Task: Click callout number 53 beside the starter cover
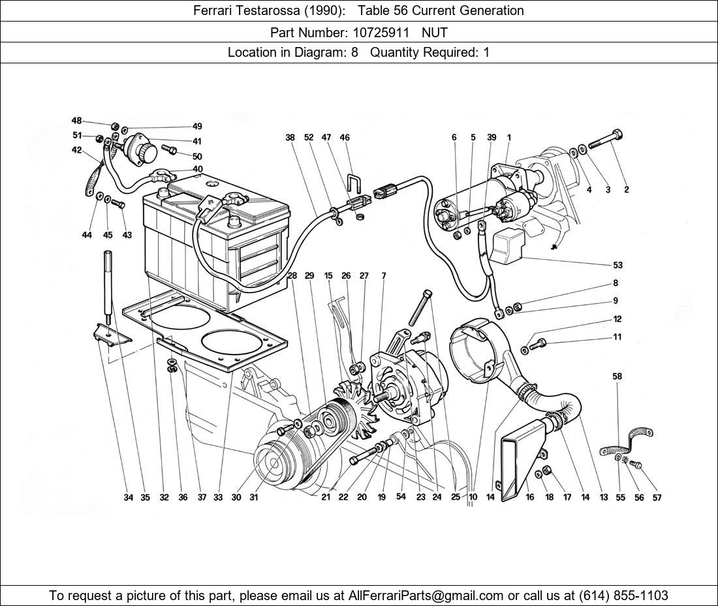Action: (x=617, y=265)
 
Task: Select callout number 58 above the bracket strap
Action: (x=617, y=376)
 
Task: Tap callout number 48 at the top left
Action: (x=77, y=121)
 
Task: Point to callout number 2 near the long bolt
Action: (x=626, y=190)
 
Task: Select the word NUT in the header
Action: (x=435, y=31)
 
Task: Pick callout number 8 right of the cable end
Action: (x=615, y=283)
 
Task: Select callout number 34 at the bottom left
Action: (x=129, y=497)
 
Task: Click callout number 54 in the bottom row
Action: (x=401, y=496)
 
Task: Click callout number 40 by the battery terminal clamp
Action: (x=197, y=169)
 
